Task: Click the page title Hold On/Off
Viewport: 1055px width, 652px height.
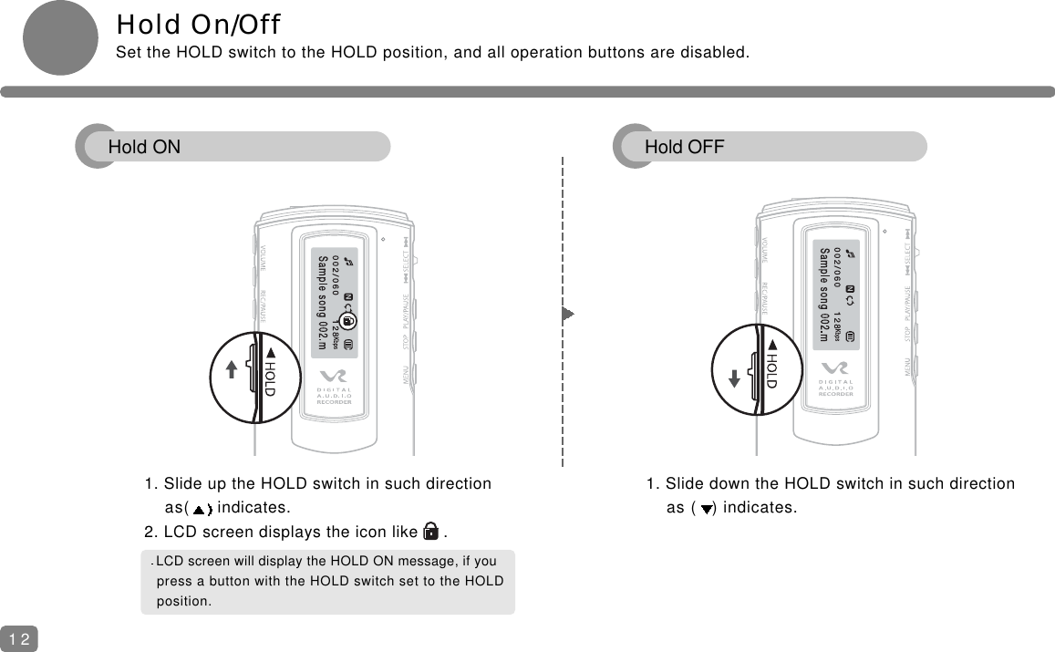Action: [x=198, y=22]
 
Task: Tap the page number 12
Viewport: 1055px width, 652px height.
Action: [x=19, y=639]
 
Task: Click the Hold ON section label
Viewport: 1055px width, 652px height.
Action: [x=144, y=147]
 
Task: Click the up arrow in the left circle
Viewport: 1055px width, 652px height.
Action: [x=233, y=368]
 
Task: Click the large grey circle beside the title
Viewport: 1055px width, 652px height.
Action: [x=59, y=37]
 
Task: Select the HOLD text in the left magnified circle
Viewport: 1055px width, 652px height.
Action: [x=270, y=371]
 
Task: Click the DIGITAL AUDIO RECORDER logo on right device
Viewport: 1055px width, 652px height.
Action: [x=835, y=385]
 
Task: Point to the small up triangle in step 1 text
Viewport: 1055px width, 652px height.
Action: [x=201, y=509]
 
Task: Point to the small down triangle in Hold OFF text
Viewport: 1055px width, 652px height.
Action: [x=706, y=509]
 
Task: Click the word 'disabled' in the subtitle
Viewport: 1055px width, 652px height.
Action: [x=718, y=51]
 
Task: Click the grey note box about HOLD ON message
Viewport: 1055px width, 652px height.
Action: [x=327, y=581]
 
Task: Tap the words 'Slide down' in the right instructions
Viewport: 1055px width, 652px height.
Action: [x=703, y=483]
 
